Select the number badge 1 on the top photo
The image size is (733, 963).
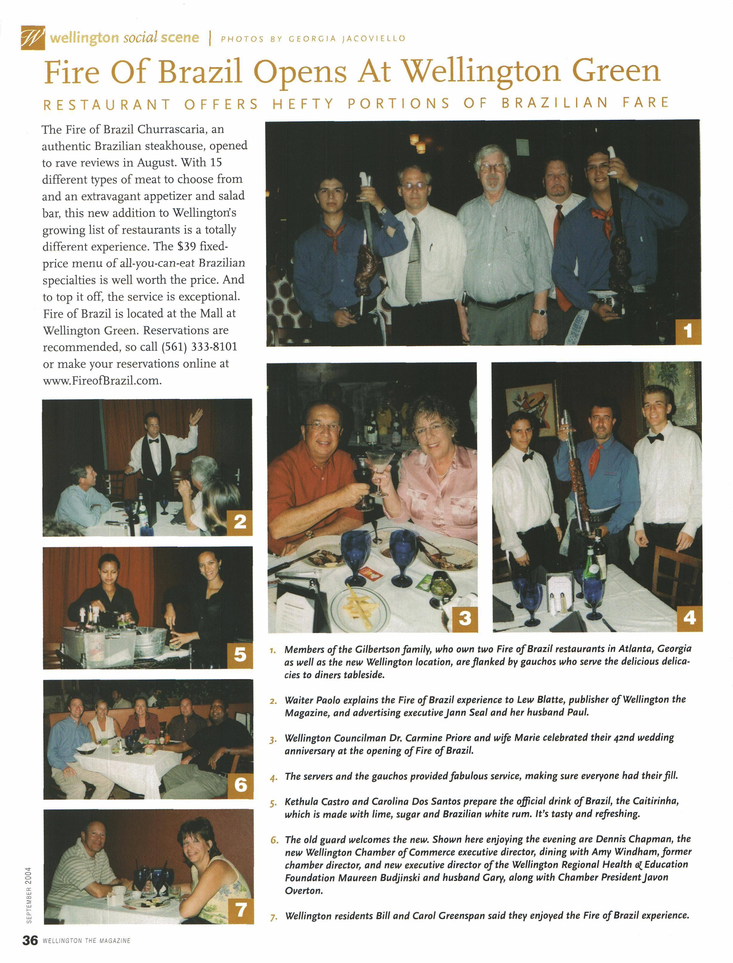click(688, 332)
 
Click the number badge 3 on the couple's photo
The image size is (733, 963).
click(465, 618)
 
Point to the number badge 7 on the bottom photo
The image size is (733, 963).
click(241, 910)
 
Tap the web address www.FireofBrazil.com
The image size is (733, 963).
click(102, 381)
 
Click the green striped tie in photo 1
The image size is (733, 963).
click(414, 262)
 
